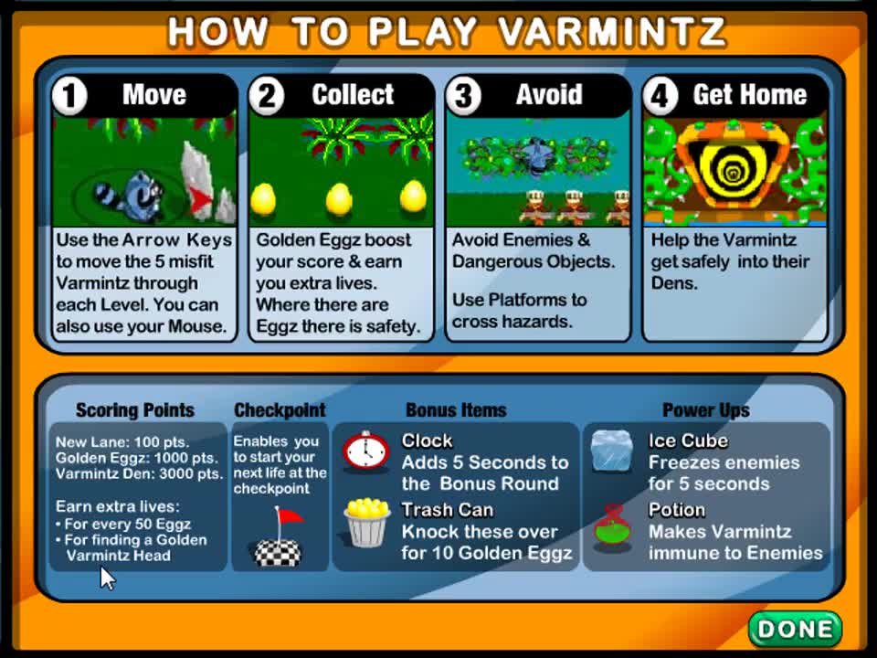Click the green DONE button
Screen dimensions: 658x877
click(795, 629)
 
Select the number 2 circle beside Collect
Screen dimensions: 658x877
click(267, 96)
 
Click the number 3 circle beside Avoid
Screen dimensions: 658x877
click(464, 96)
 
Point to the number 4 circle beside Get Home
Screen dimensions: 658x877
click(660, 96)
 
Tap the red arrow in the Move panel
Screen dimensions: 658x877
click(203, 198)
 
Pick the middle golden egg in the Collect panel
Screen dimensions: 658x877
click(339, 198)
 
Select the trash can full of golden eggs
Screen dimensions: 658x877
click(366, 523)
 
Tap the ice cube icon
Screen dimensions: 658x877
click(611, 451)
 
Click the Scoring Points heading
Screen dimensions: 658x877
click(135, 410)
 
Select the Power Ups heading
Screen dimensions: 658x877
click(706, 410)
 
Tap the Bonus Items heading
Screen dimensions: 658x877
click(456, 410)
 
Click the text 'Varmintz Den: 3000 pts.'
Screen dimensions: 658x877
click(139, 473)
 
